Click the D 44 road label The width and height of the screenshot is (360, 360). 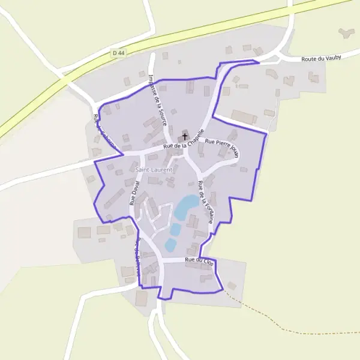point(119,53)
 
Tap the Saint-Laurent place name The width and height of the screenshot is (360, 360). point(154,170)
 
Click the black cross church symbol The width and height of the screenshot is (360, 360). point(184,136)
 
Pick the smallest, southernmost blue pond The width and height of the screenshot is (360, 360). point(170,244)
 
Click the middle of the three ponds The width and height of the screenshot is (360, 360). point(175,229)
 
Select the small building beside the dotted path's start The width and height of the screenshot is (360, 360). point(232,285)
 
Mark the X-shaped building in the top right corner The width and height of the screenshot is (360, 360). point(346,32)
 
